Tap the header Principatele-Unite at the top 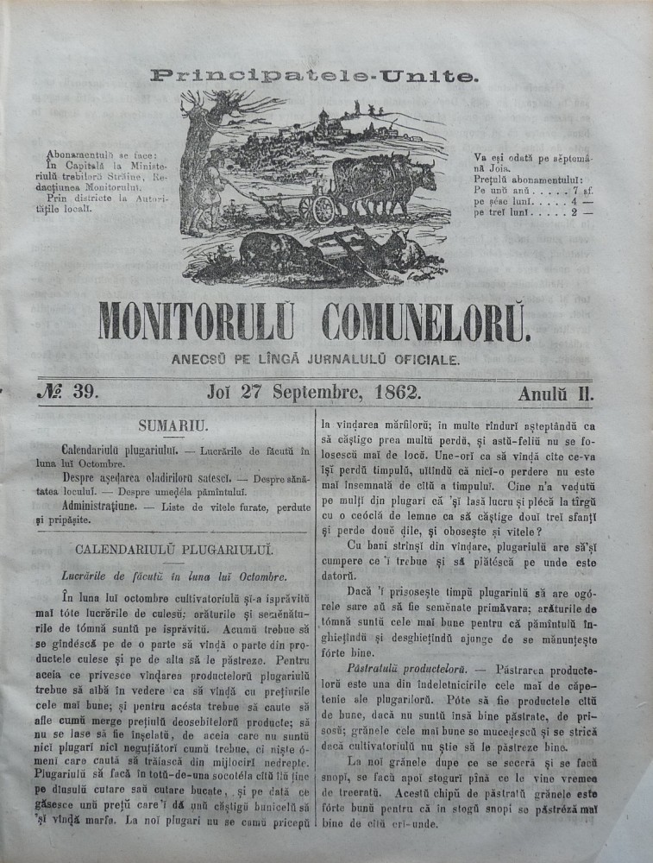313,76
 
